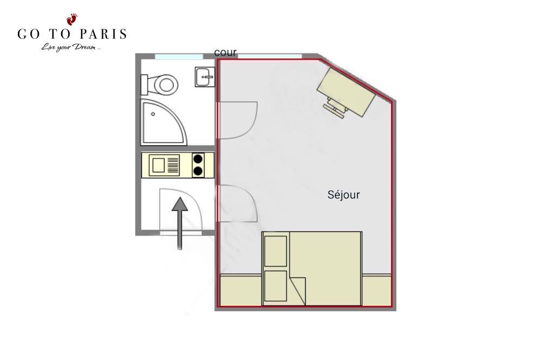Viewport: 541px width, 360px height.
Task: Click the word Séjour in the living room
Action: pos(344,195)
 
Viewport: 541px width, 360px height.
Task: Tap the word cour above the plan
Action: pos(225,52)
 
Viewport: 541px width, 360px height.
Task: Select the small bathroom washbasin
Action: pos(205,77)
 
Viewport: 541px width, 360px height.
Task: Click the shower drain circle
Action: pos(153,114)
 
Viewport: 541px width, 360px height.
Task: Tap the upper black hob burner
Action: pos(197,159)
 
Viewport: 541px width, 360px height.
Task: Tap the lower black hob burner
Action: pos(197,171)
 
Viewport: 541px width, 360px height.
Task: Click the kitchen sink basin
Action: pos(159,165)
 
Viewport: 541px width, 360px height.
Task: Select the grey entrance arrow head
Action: pos(180,204)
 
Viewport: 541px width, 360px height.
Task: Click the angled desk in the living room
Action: pos(346,92)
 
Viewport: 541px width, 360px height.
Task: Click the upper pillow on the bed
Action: pos(275,251)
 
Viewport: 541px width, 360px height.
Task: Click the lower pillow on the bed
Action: pos(275,286)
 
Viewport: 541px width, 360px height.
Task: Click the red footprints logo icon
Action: pos(72,19)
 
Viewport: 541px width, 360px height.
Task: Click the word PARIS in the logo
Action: pos(103,34)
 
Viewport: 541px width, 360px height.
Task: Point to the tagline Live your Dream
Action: pos(71,47)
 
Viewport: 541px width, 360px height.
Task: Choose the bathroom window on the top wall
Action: pos(179,57)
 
